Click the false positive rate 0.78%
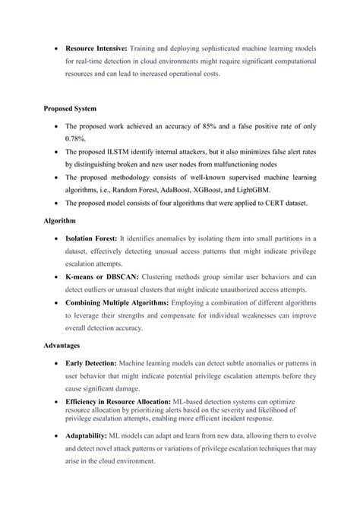(x=76, y=139)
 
